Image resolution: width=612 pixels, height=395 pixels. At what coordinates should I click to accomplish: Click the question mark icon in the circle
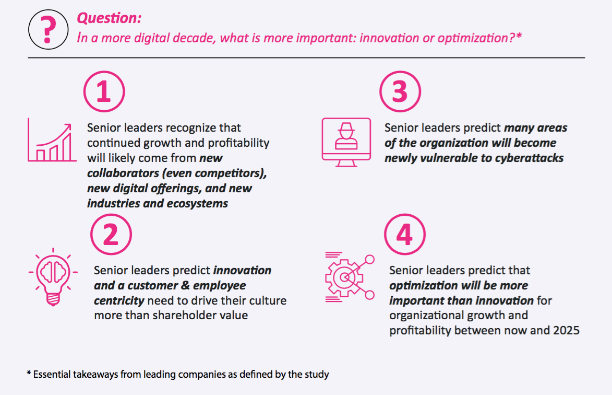[x=48, y=29]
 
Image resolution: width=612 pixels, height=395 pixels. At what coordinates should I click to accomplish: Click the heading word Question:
[x=109, y=18]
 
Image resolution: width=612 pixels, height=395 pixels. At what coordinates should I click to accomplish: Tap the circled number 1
[x=104, y=91]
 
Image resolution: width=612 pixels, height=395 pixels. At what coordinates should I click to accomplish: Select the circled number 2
[x=111, y=235]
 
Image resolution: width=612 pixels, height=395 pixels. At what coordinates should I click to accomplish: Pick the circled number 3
[x=400, y=91]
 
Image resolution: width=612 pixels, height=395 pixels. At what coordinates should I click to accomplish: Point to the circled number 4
[x=405, y=235]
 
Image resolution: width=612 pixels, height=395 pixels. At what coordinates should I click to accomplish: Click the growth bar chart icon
[x=52, y=140]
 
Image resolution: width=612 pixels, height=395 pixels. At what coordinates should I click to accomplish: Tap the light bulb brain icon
[x=53, y=277]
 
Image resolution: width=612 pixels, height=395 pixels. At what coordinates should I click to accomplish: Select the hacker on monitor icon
[x=346, y=142]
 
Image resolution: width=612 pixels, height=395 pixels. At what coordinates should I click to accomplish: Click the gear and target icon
[x=350, y=277]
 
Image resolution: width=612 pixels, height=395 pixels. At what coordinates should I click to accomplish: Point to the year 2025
[x=566, y=331]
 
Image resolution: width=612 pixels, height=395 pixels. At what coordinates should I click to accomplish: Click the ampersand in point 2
[x=185, y=286]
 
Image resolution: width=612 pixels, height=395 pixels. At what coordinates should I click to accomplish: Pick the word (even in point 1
[x=177, y=173]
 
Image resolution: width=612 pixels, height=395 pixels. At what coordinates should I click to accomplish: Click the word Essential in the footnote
[x=52, y=374]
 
